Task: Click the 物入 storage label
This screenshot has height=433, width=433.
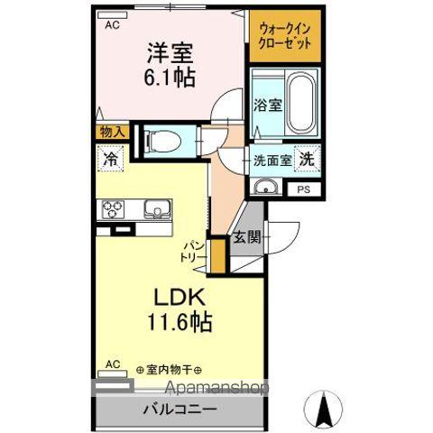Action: (112, 133)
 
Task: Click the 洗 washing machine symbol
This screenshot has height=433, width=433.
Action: (308, 160)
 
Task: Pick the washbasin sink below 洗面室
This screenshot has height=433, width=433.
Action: (266, 188)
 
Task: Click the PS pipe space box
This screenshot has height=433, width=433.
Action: (303, 189)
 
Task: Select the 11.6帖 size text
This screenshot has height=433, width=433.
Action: (180, 321)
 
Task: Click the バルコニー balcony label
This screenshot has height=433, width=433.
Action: (180, 409)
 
